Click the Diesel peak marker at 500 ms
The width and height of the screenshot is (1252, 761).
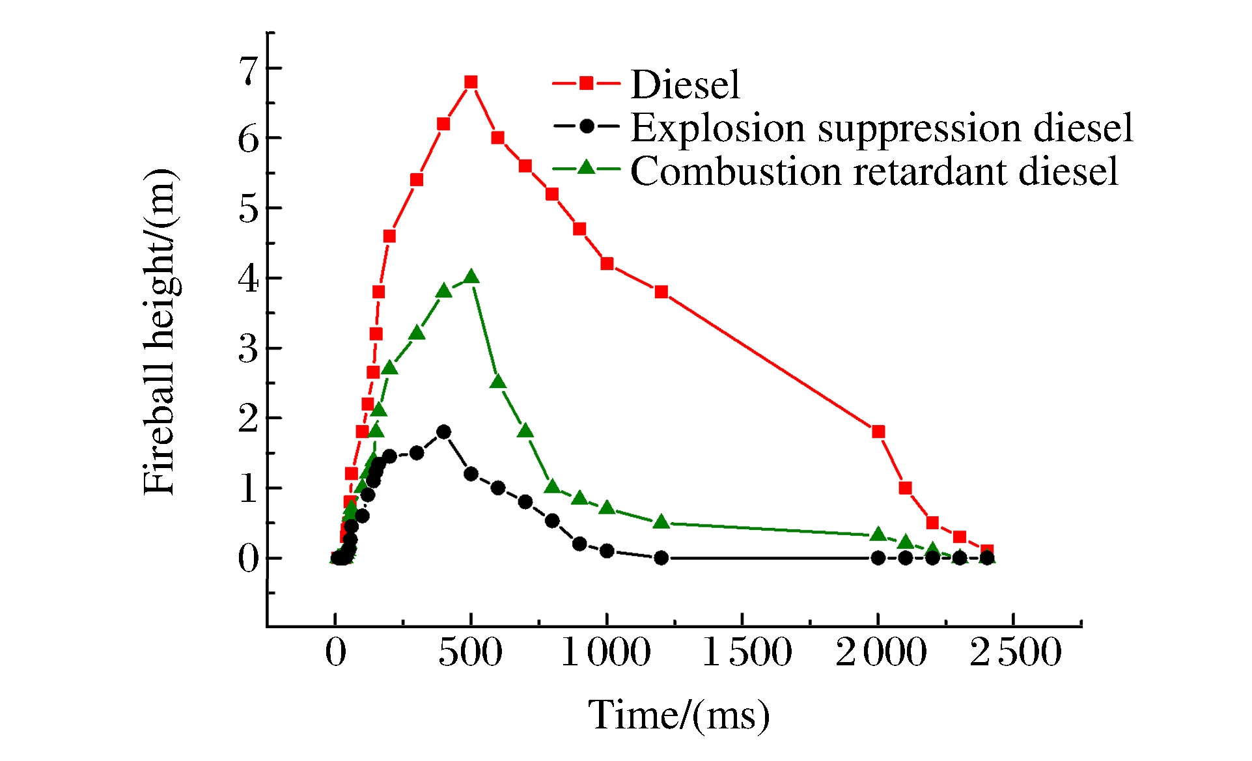[x=471, y=82]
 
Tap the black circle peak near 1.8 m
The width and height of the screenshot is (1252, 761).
[x=443, y=432]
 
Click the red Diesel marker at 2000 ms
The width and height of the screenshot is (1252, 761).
[x=878, y=432]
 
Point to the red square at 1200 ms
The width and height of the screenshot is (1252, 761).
[x=661, y=292]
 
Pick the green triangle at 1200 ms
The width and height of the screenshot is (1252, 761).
[x=661, y=521]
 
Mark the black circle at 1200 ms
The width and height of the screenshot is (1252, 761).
[x=661, y=558]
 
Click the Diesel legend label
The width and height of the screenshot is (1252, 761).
[x=685, y=85]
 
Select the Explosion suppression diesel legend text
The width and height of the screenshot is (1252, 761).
[x=882, y=128]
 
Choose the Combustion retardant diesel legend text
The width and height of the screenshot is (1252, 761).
[x=874, y=171]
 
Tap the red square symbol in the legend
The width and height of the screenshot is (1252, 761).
[x=586, y=83]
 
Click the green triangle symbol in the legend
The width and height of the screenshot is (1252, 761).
[x=586, y=168]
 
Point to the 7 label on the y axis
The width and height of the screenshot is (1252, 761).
[x=249, y=70]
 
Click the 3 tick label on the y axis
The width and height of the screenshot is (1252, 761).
[x=249, y=349]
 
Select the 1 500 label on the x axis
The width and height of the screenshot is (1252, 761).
[x=747, y=652]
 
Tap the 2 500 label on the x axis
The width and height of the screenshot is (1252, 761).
[x=1016, y=652]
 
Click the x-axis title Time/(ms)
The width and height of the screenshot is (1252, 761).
[x=678, y=715]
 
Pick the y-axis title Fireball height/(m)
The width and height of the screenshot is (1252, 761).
[x=160, y=332]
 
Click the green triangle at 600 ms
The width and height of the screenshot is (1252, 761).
[x=498, y=381]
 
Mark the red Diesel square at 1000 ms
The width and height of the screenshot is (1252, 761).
[x=607, y=264]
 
